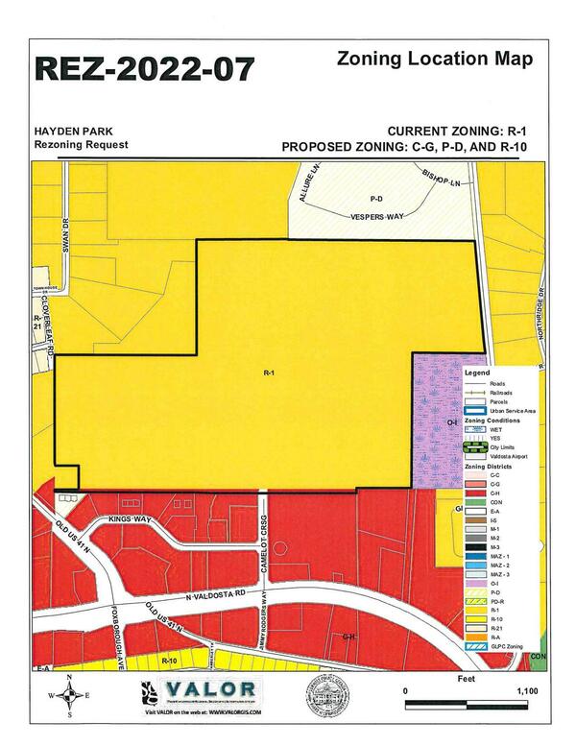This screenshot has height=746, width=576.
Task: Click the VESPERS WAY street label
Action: coord(377,219)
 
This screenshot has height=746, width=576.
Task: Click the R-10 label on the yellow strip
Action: coord(171,662)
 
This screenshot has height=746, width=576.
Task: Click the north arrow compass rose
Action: coord(69,697)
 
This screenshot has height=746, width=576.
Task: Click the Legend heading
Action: coord(477,373)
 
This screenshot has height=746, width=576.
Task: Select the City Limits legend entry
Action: coord(491,446)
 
